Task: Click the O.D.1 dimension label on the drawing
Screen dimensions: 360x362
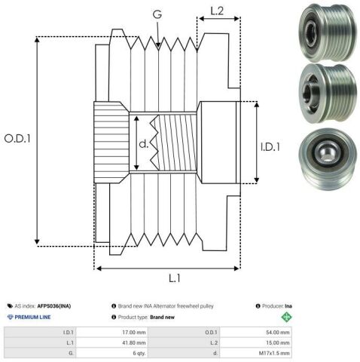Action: [x=17, y=139]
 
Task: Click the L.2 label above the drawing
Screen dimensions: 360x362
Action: [x=217, y=11]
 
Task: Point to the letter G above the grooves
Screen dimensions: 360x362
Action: [x=157, y=14]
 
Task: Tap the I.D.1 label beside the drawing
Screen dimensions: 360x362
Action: [x=270, y=147]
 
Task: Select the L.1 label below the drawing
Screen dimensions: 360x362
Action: [x=174, y=278]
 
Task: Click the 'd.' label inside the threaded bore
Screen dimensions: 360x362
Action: [x=144, y=144]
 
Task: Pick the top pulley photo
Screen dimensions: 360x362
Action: [x=328, y=32]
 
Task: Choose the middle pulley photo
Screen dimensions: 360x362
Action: [x=328, y=94]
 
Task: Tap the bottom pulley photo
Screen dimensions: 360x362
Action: [x=328, y=159]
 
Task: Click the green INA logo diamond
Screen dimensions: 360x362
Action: [x=286, y=317]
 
